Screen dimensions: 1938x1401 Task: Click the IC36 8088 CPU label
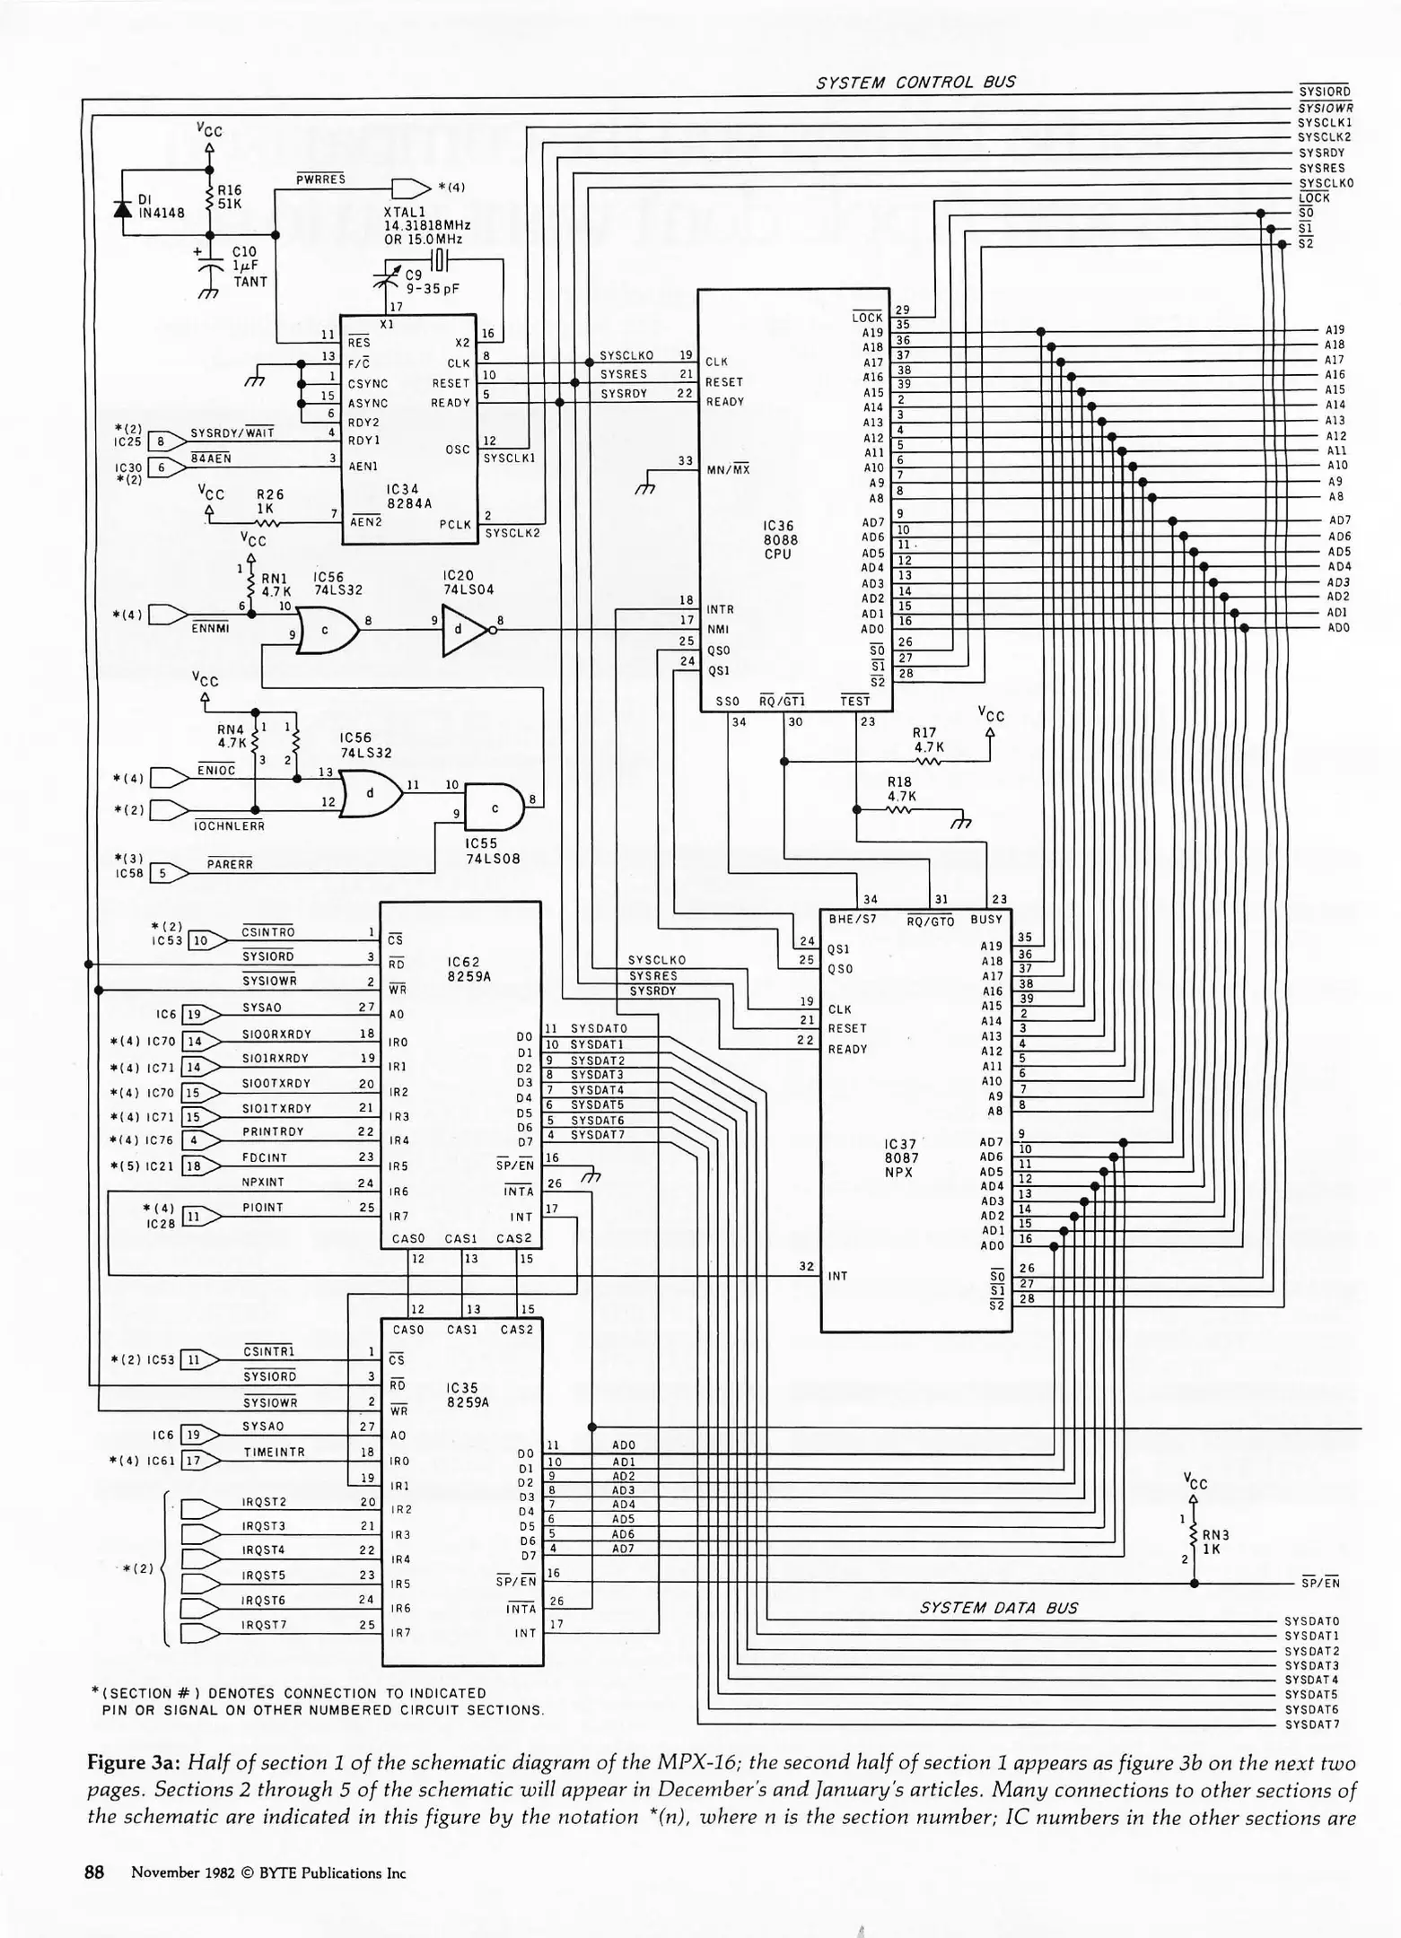[x=779, y=539]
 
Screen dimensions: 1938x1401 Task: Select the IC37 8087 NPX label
[x=899, y=1157]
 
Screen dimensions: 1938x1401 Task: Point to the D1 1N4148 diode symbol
[x=124, y=206]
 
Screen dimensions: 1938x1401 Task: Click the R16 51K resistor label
[x=230, y=197]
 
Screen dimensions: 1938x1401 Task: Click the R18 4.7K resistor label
[x=901, y=788]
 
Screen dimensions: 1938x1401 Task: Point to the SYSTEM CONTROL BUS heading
[x=915, y=82]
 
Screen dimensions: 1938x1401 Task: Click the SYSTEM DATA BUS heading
[x=998, y=1608]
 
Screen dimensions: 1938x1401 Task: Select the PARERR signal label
[x=230, y=864]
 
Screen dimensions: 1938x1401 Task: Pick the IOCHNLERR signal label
[x=230, y=825]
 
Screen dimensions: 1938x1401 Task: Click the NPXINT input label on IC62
[x=262, y=1183]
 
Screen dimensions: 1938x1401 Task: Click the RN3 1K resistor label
[x=1214, y=1541]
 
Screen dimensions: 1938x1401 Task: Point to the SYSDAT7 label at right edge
[x=1311, y=1724]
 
